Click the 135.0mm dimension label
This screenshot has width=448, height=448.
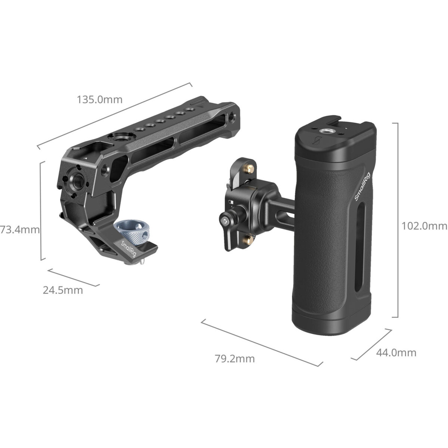tap(99, 100)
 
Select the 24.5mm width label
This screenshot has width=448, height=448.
tap(63, 290)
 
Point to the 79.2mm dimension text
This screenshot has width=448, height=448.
tap(235, 359)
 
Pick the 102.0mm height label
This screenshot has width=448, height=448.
tap(424, 225)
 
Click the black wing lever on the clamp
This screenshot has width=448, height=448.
tap(224, 224)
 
